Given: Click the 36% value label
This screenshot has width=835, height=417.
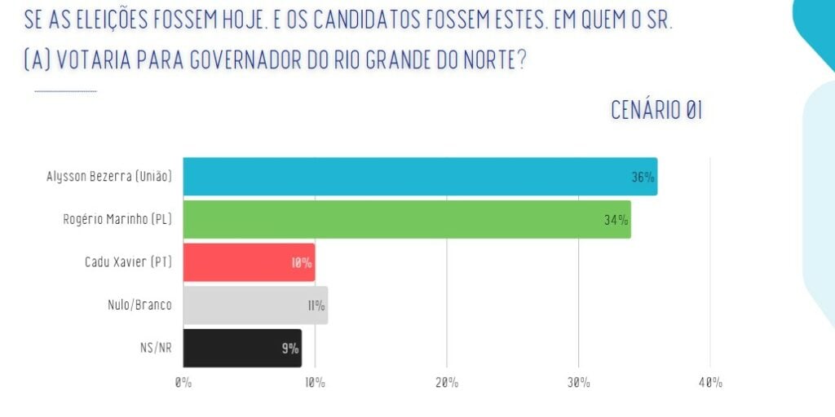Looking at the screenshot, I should (x=643, y=178).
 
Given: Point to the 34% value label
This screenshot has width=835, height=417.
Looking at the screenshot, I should (x=616, y=220).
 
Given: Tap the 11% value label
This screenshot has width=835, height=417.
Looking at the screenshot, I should (x=316, y=306).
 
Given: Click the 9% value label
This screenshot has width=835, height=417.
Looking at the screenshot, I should (x=290, y=349).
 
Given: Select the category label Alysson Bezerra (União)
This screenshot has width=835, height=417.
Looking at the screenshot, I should (x=109, y=176).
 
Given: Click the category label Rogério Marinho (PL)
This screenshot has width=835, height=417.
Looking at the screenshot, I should (x=117, y=219).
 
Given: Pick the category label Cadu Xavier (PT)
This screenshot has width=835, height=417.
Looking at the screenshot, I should (x=128, y=262).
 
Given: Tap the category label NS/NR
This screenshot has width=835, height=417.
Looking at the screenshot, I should (x=156, y=348).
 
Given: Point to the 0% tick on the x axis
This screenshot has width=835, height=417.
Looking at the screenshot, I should (x=183, y=382).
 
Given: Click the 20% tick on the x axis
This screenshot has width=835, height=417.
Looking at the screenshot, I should (x=446, y=382).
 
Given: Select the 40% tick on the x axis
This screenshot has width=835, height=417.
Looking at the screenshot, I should (x=709, y=382).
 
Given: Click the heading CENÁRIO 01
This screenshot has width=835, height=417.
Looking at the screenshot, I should (x=656, y=111).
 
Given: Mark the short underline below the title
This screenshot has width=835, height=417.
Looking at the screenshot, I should (x=65, y=91).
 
